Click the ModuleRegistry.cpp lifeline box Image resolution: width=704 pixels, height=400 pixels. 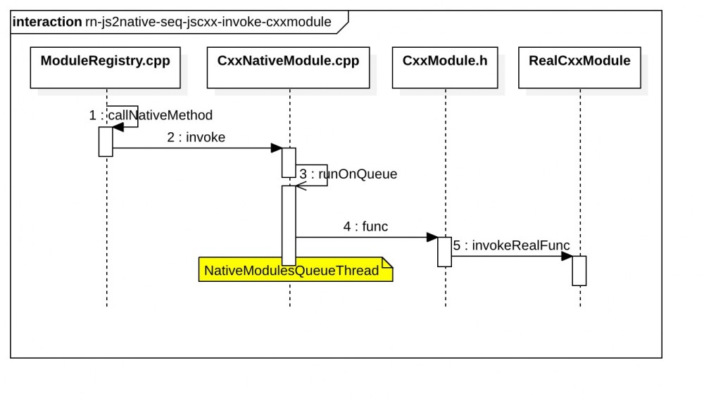tap(105, 67)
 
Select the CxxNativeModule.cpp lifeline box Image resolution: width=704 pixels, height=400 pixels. tap(289, 67)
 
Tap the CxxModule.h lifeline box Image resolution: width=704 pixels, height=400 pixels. tap(445, 67)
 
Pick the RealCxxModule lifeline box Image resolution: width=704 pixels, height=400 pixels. tap(579, 67)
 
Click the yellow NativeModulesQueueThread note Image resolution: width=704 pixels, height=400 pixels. tap(291, 271)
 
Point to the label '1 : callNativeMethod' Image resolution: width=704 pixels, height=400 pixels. tap(151, 115)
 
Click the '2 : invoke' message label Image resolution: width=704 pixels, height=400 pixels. tap(196, 138)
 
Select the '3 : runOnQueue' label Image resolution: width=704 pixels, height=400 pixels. tap(348, 174)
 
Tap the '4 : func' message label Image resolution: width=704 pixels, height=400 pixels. tap(365, 226)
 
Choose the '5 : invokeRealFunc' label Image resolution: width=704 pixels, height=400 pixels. tap(511, 245)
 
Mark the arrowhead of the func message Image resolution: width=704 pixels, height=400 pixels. tap(432, 237)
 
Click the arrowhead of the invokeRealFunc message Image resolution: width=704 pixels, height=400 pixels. tap(567, 256)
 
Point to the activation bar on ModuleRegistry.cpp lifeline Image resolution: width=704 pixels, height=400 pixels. tap(106, 141)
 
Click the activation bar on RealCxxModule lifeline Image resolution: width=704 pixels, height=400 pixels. tap(579, 271)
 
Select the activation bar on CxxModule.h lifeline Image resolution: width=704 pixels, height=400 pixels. tap(444, 252)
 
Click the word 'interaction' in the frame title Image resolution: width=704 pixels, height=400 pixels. tap(46, 22)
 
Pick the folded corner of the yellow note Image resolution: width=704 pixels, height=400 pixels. tap(386, 262)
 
